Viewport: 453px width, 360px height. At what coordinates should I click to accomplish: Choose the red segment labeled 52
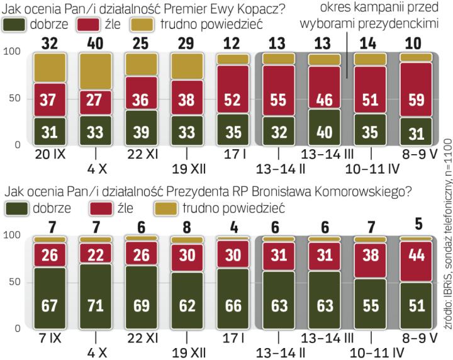(x=233, y=98)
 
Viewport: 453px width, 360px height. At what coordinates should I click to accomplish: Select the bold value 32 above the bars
(x=49, y=44)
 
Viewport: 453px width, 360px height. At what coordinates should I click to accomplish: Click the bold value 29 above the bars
(x=187, y=44)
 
